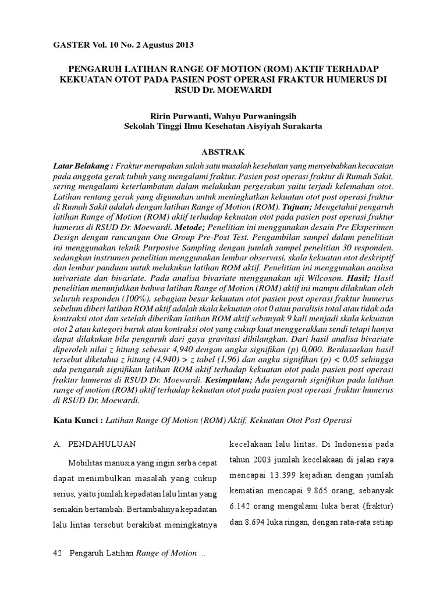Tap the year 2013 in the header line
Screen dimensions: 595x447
pos(182,45)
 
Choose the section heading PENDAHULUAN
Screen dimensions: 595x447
pos(102,444)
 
